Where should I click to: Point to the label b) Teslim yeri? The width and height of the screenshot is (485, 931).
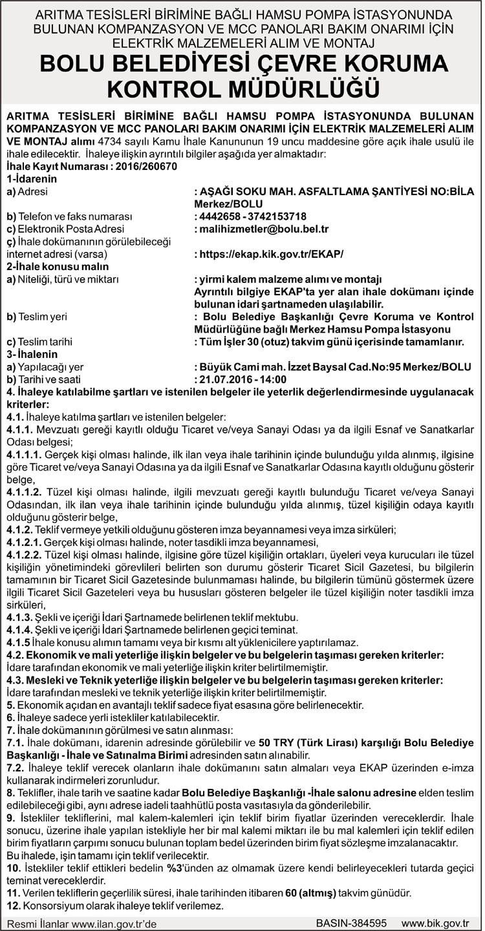[x=37, y=316]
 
